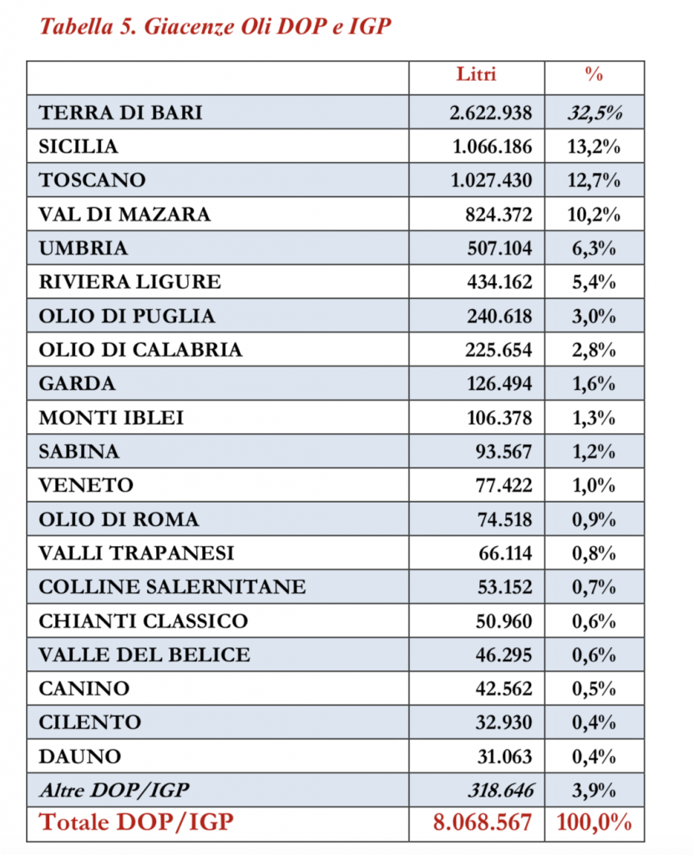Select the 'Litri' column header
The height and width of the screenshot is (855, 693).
[x=476, y=74]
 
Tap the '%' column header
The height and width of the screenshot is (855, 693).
[x=594, y=74]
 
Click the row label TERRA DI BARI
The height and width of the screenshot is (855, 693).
[x=120, y=112]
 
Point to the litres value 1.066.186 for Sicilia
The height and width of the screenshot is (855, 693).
[x=492, y=146]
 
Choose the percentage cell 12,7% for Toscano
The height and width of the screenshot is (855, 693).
[x=595, y=180]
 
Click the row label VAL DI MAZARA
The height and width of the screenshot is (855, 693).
[x=124, y=214]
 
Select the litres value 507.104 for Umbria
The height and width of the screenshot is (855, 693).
[x=498, y=248]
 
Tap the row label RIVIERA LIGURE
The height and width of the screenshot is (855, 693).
[x=129, y=281]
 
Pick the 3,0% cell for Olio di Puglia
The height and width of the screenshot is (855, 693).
[x=595, y=316]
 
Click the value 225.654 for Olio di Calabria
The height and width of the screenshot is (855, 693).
[x=498, y=350]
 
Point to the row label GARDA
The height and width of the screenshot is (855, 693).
[x=77, y=384]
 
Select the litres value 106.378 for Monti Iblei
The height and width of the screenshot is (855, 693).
[x=498, y=417]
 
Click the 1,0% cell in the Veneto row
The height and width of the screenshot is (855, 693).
[x=595, y=485]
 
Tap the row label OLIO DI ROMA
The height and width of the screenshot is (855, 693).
[x=119, y=519]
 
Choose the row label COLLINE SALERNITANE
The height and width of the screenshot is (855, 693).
[x=172, y=587]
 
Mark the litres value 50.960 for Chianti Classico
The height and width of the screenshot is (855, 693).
[x=502, y=621]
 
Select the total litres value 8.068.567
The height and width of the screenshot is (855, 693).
[x=482, y=822]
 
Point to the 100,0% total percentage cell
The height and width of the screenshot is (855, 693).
[x=594, y=822]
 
